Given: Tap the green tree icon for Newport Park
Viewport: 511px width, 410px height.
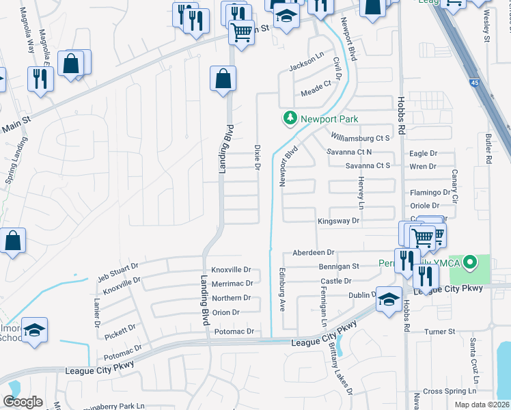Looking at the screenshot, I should click(290, 119).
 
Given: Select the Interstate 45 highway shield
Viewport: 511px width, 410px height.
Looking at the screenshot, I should click(474, 83).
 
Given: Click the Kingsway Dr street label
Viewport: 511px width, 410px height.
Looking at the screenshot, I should click(338, 221).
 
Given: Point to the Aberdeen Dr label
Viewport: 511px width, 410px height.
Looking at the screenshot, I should click(313, 253).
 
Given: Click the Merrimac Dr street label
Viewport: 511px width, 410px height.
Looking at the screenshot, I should click(232, 283).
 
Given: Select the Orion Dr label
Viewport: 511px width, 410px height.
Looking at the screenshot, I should click(225, 312).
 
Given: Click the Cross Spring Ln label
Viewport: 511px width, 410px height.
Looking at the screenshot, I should click(449, 391).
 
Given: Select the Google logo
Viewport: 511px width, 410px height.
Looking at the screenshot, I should click(23, 402).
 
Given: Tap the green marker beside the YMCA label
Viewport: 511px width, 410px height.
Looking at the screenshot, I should click(469, 262).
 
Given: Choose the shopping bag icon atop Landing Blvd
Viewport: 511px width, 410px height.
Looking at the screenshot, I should click(223, 79).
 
